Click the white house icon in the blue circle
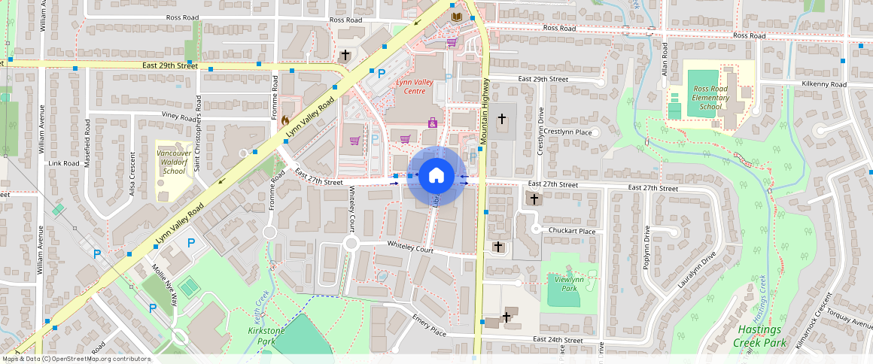pyautogui.click(x=435, y=176)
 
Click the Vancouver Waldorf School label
pyautogui.click(x=174, y=162)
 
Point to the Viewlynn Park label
pyautogui.click(x=564, y=283)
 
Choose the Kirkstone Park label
pyautogui.click(x=260, y=335)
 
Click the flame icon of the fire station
pyautogui.click(x=285, y=120)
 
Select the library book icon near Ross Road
pyautogui.click(x=456, y=17)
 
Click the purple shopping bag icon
pyautogui.click(x=433, y=122)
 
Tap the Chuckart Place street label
pyautogui.click(x=572, y=232)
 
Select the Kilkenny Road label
pyautogui.click(x=824, y=84)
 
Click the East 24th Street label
pyautogui.click(x=558, y=341)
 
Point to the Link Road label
pyautogui.click(x=64, y=163)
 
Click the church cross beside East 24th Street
pyautogui.click(x=506, y=317)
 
